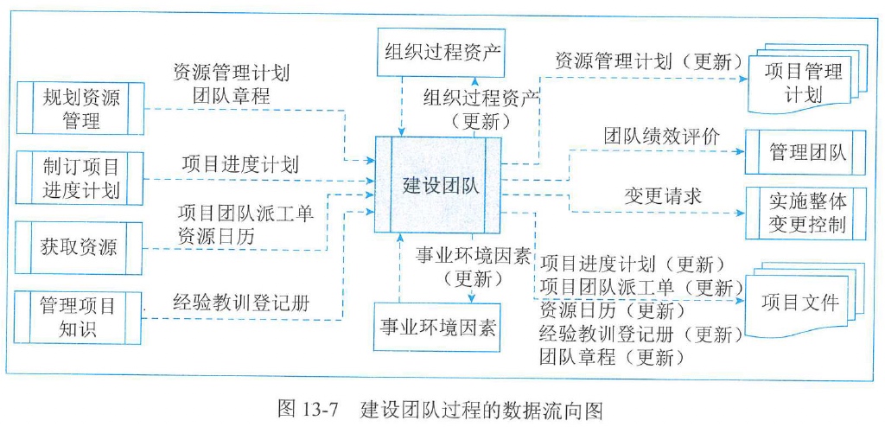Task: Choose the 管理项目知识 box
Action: coord(79,317)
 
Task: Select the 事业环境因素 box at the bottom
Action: coord(440,328)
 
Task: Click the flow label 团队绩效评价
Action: coord(661,136)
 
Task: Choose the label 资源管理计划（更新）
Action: coord(648,62)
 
